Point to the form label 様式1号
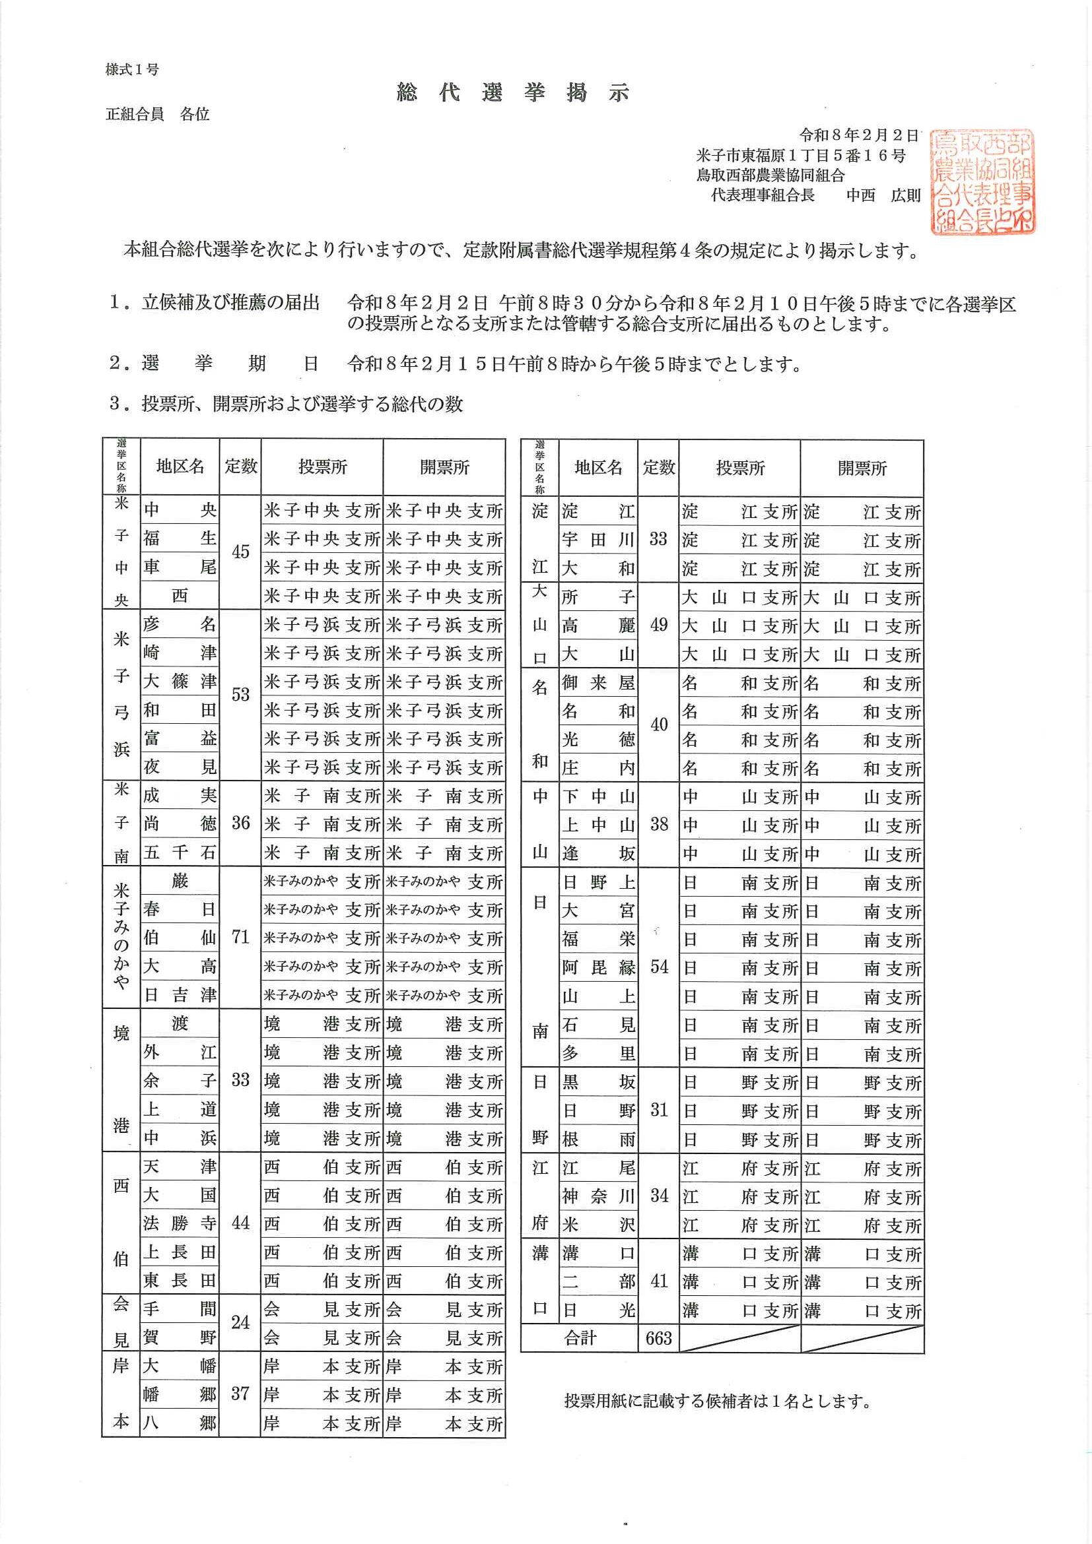[x=132, y=69]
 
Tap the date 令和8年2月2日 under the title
[x=858, y=136]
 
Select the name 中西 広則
[x=883, y=195]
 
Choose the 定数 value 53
[x=240, y=694]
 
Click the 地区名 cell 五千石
[x=180, y=852]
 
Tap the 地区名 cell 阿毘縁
[x=598, y=968]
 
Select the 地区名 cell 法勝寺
[x=180, y=1223]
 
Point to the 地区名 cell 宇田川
[x=598, y=539]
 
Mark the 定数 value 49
[x=658, y=625]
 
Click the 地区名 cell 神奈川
[x=598, y=1196]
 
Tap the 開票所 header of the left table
[x=444, y=466]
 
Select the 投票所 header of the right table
[x=739, y=467]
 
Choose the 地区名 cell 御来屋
[x=598, y=682]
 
